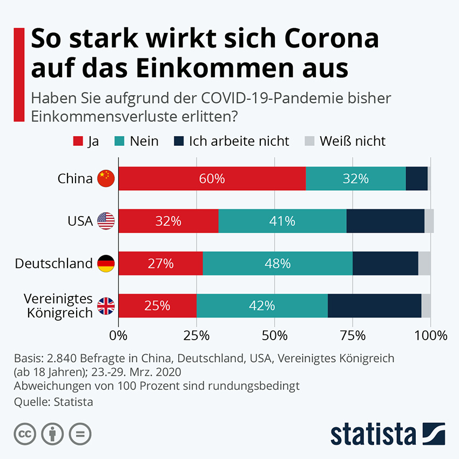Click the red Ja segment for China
(x=212, y=179)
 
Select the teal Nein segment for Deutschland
(x=278, y=264)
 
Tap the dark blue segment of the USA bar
(x=385, y=221)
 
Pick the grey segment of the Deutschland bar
(x=424, y=264)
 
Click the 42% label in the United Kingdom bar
(x=262, y=306)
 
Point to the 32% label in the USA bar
(x=168, y=221)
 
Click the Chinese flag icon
(x=106, y=178)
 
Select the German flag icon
(x=106, y=264)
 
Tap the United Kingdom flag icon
(x=106, y=307)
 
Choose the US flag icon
(x=106, y=221)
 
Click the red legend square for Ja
(x=77, y=141)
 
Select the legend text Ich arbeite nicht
(x=239, y=141)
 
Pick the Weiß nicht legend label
(x=352, y=141)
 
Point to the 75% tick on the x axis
(x=353, y=335)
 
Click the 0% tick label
(x=118, y=335)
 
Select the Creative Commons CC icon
(x=24, y=434)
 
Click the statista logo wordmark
(x=373, y=434)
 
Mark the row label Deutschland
(x=53, y=264)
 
